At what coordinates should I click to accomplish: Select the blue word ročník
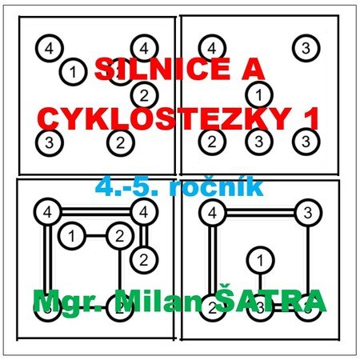(x=217, y=187)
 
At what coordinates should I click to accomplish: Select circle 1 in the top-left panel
(x=73, y=72)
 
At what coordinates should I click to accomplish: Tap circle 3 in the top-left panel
(x=50, y=142)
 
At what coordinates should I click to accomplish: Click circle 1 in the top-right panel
(x=259, y=95)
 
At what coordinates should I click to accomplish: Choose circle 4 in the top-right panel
(x=212, y=48)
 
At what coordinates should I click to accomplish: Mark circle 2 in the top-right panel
(x=212, y=142)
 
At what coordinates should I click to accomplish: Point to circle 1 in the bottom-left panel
(x=71, y=236)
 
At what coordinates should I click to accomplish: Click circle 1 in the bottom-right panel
(x=260, y=260)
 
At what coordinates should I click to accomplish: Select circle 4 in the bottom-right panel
(x=213, y=213)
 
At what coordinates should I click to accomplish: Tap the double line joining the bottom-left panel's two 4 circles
(x=95, y=212)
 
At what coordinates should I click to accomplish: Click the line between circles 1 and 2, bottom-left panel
(x=96, y=236)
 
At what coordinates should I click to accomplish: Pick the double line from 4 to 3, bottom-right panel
(x=260, y=213)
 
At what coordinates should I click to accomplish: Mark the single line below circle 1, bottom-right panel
(x=260, y=284)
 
